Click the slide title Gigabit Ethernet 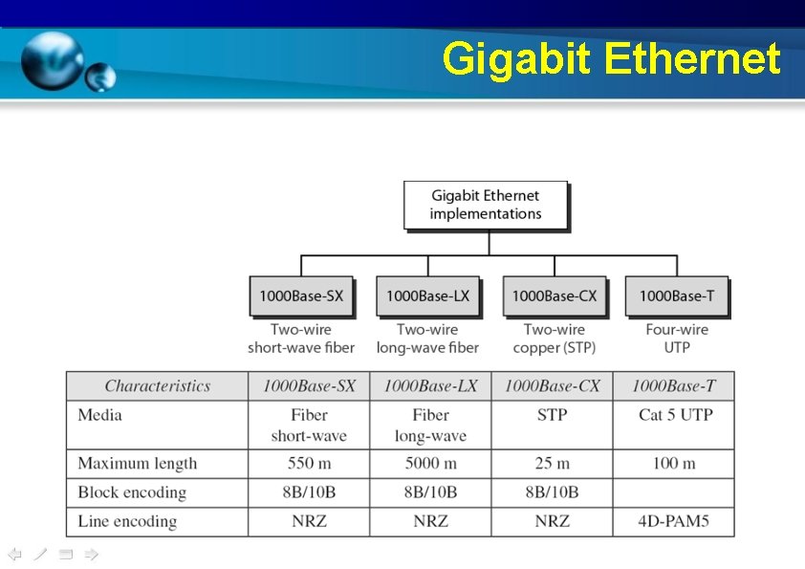(x=612, y=59)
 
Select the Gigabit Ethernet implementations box (x=486, y=205)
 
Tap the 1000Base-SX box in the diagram (x=301, y=296)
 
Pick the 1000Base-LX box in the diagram (x=427, y=296)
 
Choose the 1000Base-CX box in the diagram (x=554, y=296)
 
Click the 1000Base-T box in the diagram (x=676, y=296)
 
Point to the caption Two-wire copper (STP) (x=554, y=339)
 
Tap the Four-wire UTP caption (x=676, y=339)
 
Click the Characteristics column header (x=157, y=386)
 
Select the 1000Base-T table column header (x=673, y=386)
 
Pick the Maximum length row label (x=137, y=464)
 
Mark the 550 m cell (x=309, y=464)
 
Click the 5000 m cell (x=430, y=464)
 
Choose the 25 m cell (x=552, y=464)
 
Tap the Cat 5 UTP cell (x=675, y=415)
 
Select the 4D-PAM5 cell (x=673, y=522)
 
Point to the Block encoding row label (x=132, y=492)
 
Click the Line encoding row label (x=127, y=522)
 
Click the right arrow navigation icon (x=92, y=555)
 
